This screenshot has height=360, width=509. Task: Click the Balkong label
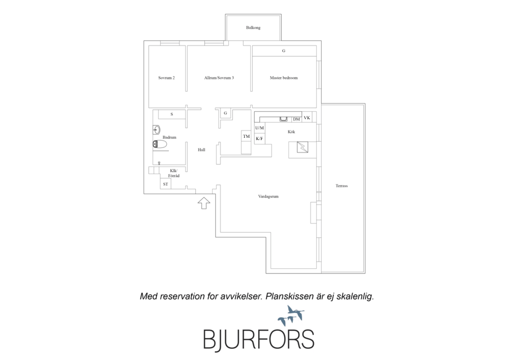click(x=253, y=28)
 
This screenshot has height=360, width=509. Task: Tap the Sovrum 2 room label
click(x=166, y=78)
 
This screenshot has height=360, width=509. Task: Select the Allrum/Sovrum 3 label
click(x=219, y=78)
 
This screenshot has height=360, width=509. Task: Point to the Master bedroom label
click(x=283, y=78)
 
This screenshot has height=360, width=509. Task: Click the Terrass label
click(x=341, y=186)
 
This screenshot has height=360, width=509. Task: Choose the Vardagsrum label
click(x=268, y=196)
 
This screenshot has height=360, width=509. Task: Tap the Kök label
click(x=291, y=132)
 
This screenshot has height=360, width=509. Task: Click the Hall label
click(x=201, y=150)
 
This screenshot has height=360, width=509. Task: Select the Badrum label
click(x=169, y=137)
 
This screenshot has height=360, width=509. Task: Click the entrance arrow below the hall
click(x=204, y=203)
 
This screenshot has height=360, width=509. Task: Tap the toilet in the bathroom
click(x=160, y=144)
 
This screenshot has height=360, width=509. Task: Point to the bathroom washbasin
click(x=156, y=130)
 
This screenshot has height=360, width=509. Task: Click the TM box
click(x=246, y=136)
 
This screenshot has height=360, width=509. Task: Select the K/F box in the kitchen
click(x=259, y=138)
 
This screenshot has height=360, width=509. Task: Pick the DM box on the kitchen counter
click(x=296, y=119)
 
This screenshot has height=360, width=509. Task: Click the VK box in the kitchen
click(x=307, y=118)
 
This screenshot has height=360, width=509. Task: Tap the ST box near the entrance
click(x=165, y=184)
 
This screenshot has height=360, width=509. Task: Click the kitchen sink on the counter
click(x=284, y=119)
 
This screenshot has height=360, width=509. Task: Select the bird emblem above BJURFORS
click(x=291, y=316)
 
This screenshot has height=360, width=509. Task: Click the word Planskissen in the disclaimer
click(x=290, y=296)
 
